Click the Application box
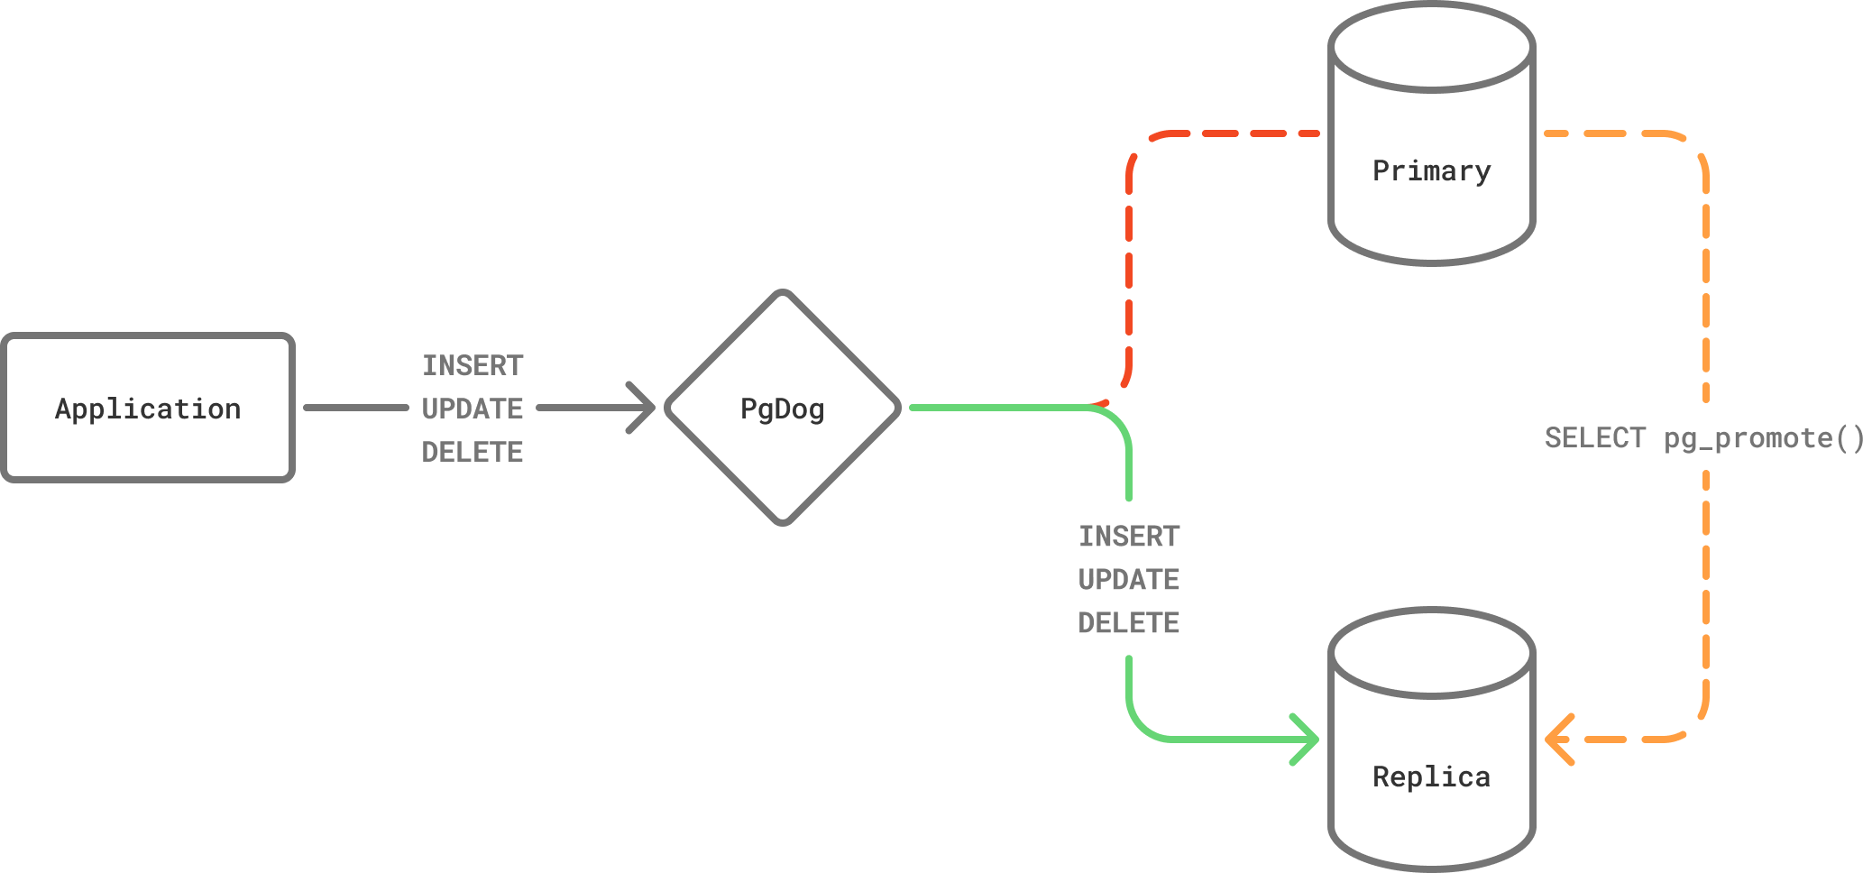tap(148, 408)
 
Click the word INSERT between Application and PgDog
tap(473, 365)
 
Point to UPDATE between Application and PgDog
tap(473, 409)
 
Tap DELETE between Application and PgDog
tap(473, 452)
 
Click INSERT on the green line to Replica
tap(1129, 537)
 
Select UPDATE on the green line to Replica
tap(1129, 579)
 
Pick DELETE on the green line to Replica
tap(1129, 622)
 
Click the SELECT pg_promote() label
tap(1702, 438)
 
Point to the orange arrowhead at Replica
tap(1558, 740)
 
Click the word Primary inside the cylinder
tap(1432, 170)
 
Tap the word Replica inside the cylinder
tap(1432, 777)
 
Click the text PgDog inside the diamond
tap(782, 409)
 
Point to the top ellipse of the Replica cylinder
tap(1432, 653)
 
